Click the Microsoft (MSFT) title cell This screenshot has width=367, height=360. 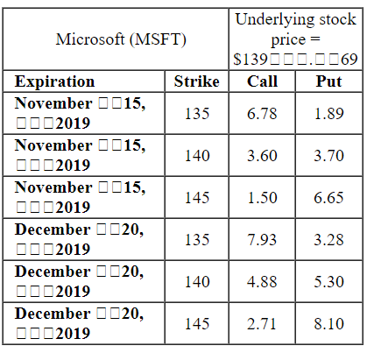coord(120,39)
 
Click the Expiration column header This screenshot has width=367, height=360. coord(55,81)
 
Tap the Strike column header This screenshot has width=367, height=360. coord(197,81)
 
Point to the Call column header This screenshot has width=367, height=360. coord(263,81)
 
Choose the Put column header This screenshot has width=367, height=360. coord(328,81)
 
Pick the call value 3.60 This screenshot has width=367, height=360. coord(263,155)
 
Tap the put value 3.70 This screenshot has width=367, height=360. coord(328,155)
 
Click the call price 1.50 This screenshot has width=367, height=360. coord(263,197)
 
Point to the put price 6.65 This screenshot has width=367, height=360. coord(328,197)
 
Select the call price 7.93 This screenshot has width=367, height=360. coord(263,240)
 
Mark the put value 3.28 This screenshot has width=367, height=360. coord(328,240)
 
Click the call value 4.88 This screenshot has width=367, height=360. coord(263,282)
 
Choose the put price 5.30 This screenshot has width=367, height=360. coord(328,282)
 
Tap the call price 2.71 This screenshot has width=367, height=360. coord(263,324)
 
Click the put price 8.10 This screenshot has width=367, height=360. coord(328,324)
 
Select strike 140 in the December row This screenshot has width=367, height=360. coord(197,282)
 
